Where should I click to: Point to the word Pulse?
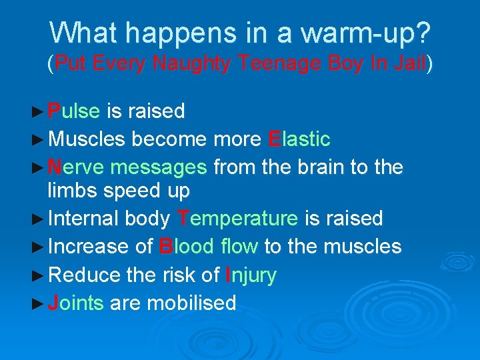(74, 111)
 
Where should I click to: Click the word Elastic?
(299, 139)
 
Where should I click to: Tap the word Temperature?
(237, 218)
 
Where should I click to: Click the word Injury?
(251, 275)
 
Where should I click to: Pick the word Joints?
(75, 303)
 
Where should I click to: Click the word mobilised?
(191, 303)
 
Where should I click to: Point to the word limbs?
(74, 191)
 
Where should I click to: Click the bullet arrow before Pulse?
(39, 111)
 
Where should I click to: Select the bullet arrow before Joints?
(39, 303)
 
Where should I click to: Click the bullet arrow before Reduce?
(39, 275)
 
